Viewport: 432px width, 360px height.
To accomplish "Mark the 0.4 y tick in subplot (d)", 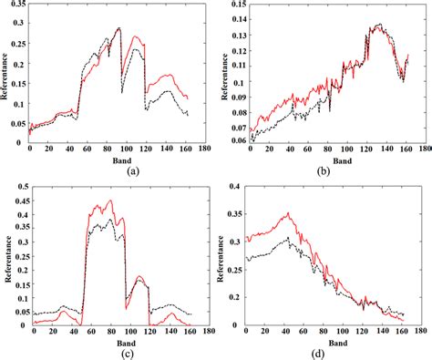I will pos(235,188).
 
